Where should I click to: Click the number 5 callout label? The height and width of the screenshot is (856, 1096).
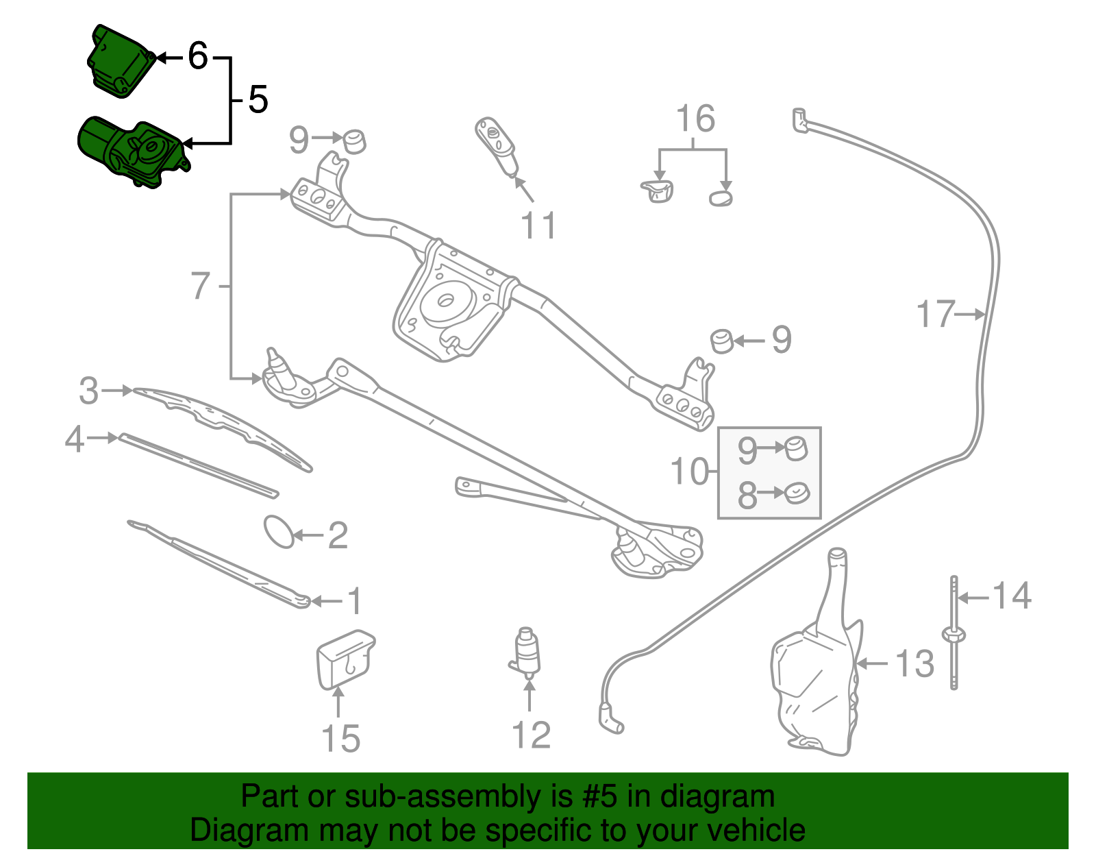258,99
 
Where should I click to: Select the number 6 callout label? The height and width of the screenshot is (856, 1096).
198,56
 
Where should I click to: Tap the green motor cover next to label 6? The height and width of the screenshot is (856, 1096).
120,62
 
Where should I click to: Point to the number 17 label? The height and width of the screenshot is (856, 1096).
935,315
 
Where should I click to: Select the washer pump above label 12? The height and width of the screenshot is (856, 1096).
525,652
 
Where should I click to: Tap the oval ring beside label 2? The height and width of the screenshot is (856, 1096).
279,532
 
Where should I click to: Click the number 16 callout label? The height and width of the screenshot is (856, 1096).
695,119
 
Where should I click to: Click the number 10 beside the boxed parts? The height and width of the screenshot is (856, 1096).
690,472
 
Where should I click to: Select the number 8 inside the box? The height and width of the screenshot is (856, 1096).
747,496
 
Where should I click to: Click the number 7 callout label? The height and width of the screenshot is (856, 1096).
201,286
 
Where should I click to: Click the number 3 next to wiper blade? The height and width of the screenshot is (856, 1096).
89,391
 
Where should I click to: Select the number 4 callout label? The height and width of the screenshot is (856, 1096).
75,439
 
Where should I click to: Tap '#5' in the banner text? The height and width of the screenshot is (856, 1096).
599,796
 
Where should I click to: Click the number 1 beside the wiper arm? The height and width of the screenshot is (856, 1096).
355,601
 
